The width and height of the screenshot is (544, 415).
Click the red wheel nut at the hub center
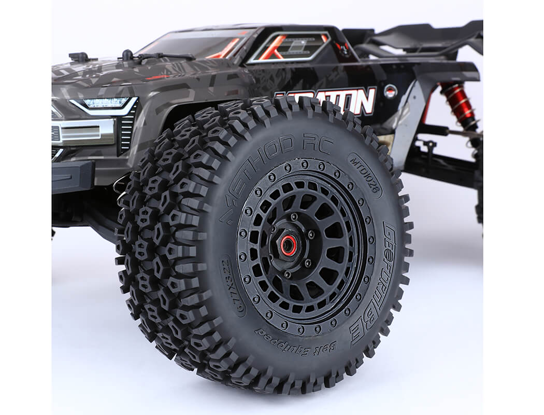(x=289, y=245)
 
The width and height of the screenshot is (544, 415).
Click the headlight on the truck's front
(x=106, y=103)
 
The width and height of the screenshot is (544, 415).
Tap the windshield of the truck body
(x=197, y=44)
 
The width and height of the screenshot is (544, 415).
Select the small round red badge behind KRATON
(x=391, y=91)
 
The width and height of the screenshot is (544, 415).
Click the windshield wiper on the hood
(x=155, y=56)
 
